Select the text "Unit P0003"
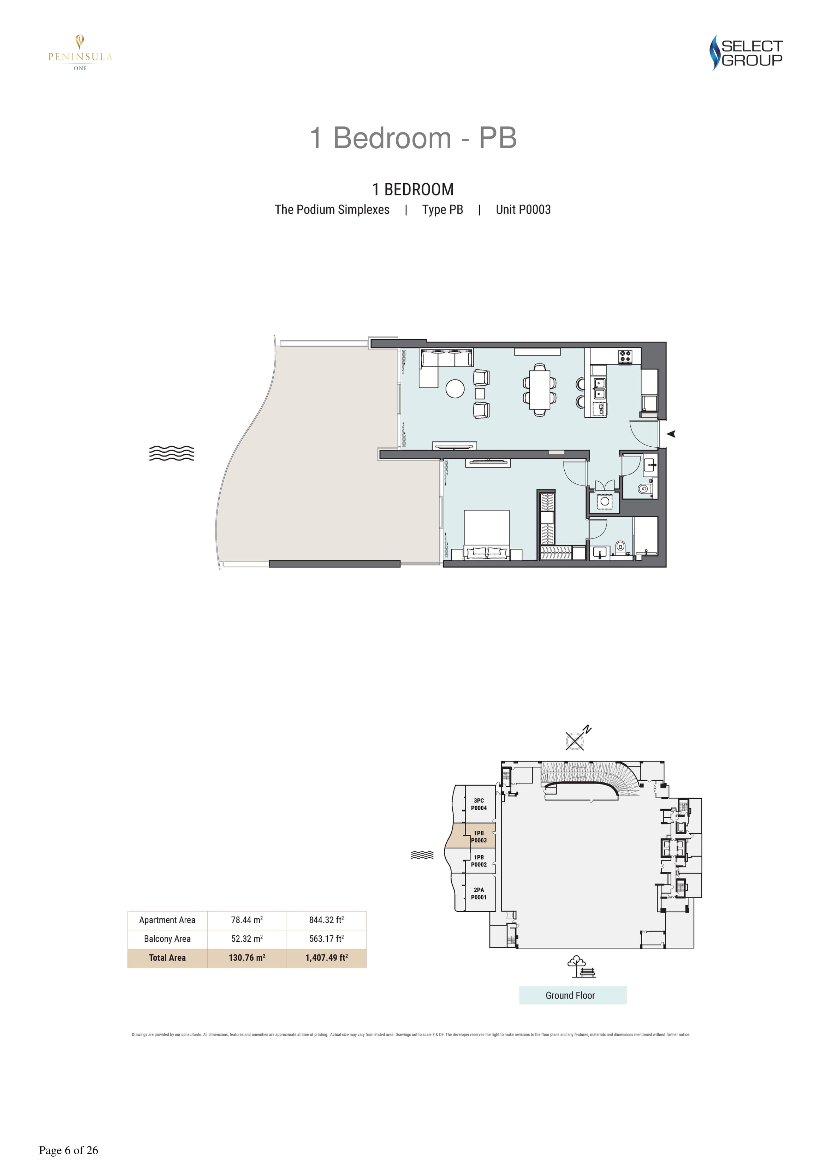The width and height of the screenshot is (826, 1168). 523,210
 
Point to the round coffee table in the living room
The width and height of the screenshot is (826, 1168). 455,389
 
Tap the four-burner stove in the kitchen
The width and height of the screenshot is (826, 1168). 625,356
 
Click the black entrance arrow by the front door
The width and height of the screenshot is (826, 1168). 671,434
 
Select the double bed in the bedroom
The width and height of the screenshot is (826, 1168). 487,535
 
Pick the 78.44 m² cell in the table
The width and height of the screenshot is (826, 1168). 247,920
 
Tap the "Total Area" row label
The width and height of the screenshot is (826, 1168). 167,958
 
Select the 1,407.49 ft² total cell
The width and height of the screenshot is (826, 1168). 327,958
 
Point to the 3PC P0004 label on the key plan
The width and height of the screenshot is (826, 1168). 479,804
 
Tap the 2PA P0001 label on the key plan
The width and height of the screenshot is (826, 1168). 479,894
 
